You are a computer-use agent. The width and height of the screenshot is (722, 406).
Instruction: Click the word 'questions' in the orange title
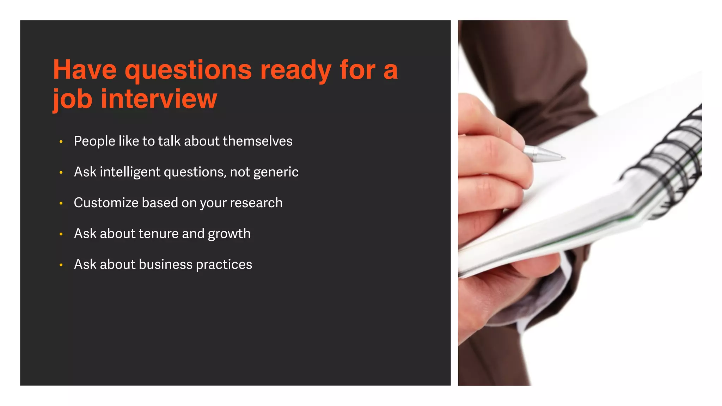188,70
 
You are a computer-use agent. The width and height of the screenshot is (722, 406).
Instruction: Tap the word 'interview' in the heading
159,99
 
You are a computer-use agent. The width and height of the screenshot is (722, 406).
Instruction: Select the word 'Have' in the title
85,70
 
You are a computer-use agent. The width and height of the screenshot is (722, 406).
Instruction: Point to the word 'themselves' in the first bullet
257,141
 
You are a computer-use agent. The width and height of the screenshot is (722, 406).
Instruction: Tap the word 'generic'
276,172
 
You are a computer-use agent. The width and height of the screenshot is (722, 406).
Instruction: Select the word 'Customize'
106,203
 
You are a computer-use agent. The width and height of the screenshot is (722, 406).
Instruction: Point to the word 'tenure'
159,234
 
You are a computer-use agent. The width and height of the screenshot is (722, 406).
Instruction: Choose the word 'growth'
229,234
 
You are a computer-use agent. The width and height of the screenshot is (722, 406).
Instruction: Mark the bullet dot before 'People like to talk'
61,142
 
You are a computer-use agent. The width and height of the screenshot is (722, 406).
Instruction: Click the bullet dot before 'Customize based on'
61,203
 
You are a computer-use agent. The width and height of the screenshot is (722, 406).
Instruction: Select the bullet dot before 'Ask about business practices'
61,265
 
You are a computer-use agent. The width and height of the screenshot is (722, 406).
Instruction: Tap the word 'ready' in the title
295,70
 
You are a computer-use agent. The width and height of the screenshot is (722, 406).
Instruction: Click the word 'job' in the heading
73,99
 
